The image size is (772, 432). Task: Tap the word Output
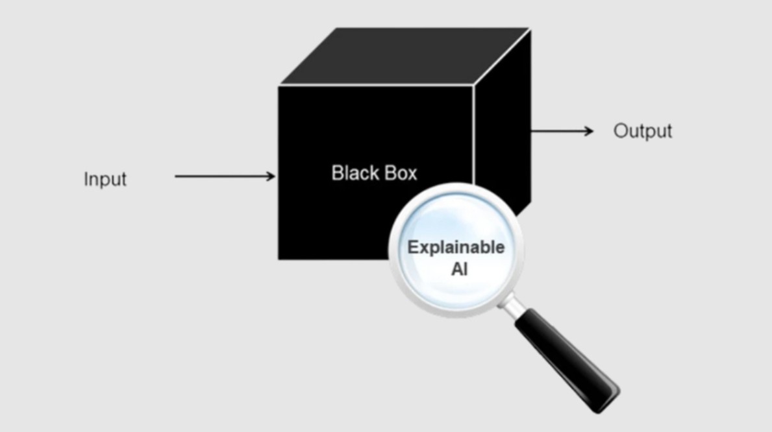click(x=643, y=131)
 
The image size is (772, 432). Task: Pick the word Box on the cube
click(x=401, y=173)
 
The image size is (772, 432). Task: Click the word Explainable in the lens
click(x=456, y=248)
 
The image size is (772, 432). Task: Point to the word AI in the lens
click(x=459, y=270)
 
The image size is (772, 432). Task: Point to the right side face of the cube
click(x=502, y=118)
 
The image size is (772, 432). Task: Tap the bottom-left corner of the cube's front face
click(x=279, y=259)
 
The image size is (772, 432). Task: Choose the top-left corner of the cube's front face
click(x=279, y=86)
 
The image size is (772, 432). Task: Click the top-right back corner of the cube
click(x=530, y=29)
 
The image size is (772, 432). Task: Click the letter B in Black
click(x=337, y=173)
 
